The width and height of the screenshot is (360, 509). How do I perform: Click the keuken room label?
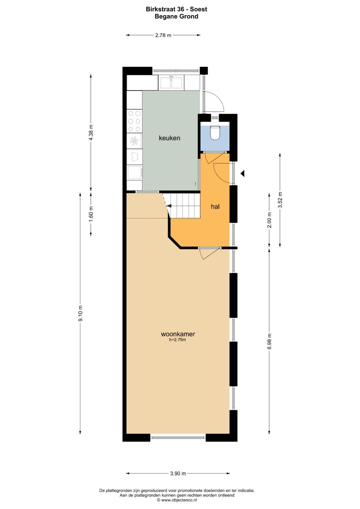tap(169, 138)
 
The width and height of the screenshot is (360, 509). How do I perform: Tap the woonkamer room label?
tap(178, 334)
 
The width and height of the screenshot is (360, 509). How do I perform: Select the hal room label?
tap(215, 207)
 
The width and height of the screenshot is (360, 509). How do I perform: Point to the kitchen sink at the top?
tap(171, 82)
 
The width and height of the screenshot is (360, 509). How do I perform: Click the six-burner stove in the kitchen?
tap(134, 121)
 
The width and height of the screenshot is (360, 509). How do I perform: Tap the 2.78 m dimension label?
tap(163, 35)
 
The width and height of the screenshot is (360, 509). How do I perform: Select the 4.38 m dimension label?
tap(91, 133)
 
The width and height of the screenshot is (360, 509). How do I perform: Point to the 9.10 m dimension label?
tap(80, 313)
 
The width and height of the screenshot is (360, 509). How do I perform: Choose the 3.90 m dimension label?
tap(178, 473)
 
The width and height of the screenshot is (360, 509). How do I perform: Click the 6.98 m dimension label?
tap(269, 341)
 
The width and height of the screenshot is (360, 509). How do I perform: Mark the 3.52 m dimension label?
tap(280, 200)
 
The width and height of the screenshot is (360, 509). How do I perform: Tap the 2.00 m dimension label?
tap(269, 220)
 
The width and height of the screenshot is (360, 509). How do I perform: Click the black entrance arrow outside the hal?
tap(243, 173)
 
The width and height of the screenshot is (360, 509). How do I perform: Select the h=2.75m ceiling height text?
tap(178, 340)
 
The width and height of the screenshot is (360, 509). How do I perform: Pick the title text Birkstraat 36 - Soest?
tap(176, 9)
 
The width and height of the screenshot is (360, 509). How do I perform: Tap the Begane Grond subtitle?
tap(176, 16)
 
